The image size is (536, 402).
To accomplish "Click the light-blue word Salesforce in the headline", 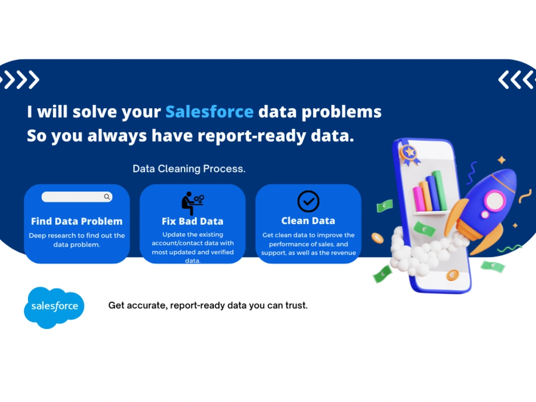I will click(209, 111).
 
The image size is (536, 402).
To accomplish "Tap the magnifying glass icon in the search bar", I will click(107, 197).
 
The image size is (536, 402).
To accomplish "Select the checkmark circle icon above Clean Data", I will click(308, 202).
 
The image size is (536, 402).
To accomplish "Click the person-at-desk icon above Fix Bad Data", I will click(192, 203).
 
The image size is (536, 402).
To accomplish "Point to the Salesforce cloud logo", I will click(54, 307).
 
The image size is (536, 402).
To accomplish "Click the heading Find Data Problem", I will click(77, 221).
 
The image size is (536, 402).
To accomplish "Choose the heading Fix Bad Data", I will click(192, 221).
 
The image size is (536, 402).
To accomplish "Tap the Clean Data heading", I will click(308, 220).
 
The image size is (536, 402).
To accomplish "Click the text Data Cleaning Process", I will click(189, 169).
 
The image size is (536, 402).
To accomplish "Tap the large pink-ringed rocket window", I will click(494, 200).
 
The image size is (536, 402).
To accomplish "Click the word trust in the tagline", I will click(296, 306).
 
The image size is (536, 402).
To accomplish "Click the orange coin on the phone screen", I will click(452, 276).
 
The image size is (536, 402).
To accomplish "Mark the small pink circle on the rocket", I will click(485, 215).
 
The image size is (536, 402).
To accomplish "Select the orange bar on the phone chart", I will click(426, 196).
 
